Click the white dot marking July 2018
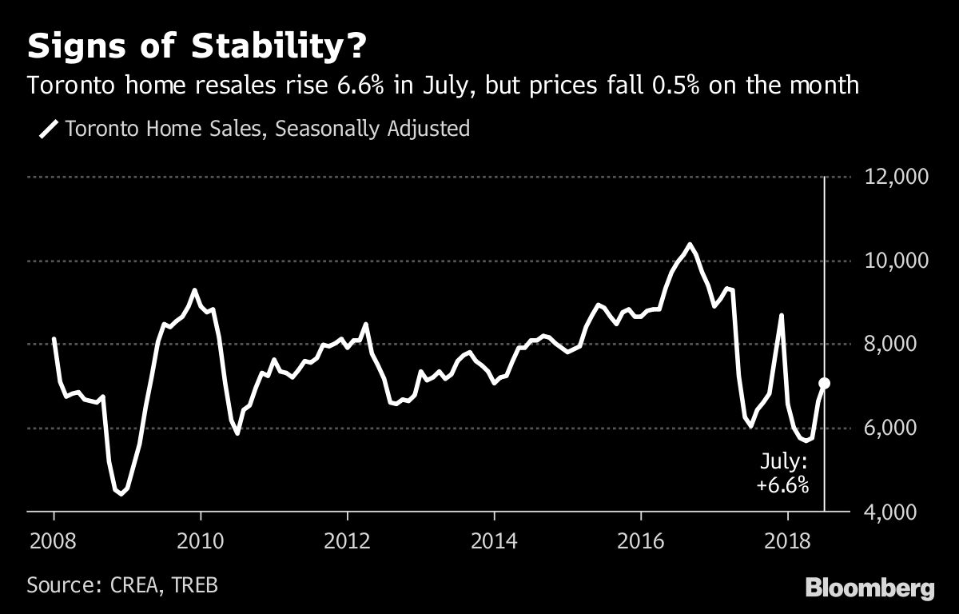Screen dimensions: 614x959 (x=825, y=384)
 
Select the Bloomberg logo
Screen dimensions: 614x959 (x=869, y=588)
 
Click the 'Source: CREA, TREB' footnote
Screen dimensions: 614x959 (x=122, y=584)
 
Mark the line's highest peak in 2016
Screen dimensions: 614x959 (x=690, y=244)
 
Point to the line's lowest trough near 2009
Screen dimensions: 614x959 (x=121, y=494)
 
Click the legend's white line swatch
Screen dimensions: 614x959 (x=49, y=129)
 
